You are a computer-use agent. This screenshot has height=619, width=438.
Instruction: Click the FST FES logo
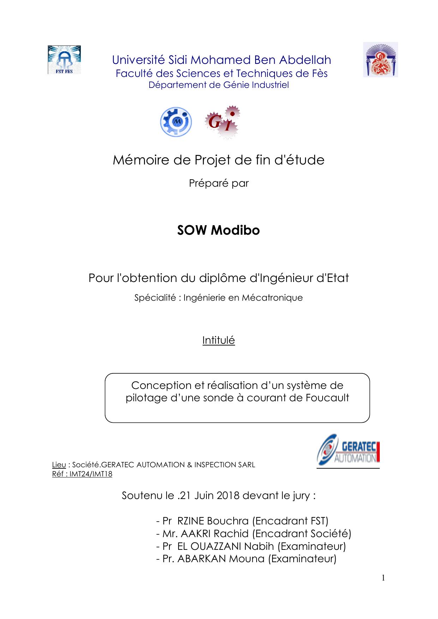pyautogui.click(x=64, y=60)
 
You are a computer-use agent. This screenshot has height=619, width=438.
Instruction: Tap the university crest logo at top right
pyautogui.click(x=380, y=60)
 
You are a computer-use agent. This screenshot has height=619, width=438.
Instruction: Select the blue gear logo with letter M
pyautogui.click(x=176, y=122)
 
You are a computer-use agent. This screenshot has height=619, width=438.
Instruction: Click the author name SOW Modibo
pyautogui.click(x=218, y=230)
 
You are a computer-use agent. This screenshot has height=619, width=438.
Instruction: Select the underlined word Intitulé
pyautogui.click(x=218, y=340)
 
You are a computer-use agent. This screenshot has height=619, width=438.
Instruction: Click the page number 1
pyautogui.click(x=383, y=578)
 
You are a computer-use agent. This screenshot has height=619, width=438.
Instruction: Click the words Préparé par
pyautogui.click(x=219, y=183)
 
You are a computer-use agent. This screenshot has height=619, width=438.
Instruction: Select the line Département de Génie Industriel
pyautogui.click(x=219, y=85)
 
